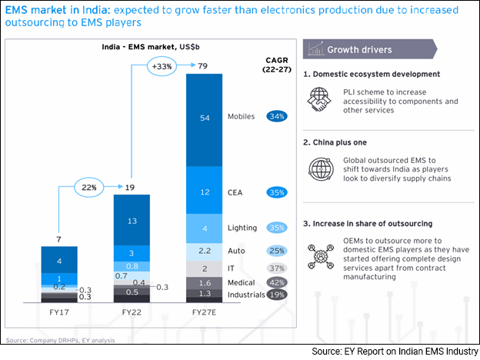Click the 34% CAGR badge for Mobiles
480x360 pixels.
point(277,117)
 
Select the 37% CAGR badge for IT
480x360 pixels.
point(277,268)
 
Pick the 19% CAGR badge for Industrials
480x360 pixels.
point(277,295)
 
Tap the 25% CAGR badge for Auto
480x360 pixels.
point(277,252)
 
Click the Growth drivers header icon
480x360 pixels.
point(315,49)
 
